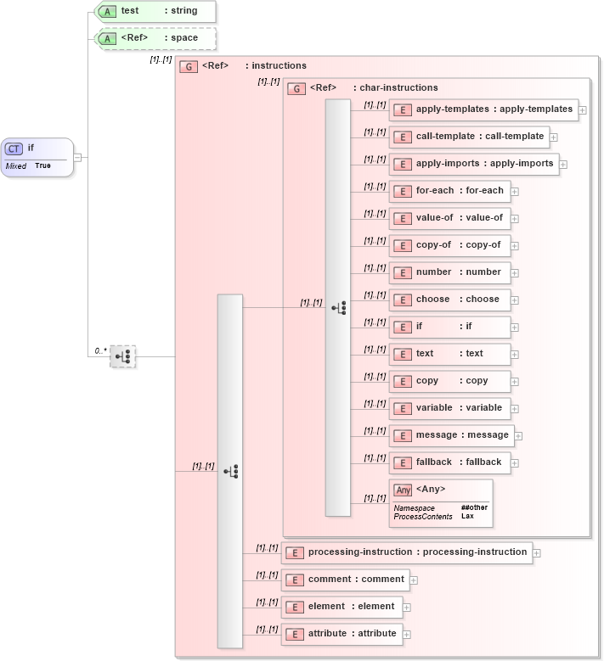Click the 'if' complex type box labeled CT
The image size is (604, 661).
[37, 156]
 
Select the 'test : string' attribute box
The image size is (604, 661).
[155, 12]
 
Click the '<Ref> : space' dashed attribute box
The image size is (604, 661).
[155, 38]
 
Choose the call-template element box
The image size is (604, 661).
[469, 137]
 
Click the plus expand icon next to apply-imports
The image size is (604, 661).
[563, 165]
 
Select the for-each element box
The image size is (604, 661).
[449, 191]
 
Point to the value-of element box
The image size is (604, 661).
[449, 218]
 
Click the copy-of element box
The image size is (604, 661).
[449, 245]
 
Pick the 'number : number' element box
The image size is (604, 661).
[449, 272]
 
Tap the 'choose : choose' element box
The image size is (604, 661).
[449, 300]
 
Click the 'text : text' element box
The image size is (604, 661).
[449, 354]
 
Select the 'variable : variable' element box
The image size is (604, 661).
[449, 408]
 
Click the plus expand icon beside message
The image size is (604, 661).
[519, 436]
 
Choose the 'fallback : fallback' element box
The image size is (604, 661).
[449, 462]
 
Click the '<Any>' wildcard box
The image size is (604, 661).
[439, 501]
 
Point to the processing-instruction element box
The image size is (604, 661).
[407, 552]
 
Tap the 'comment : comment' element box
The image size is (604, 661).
[345, 580]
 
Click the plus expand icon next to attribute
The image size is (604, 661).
[407, 635]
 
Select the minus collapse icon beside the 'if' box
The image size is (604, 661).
[77, 157]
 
